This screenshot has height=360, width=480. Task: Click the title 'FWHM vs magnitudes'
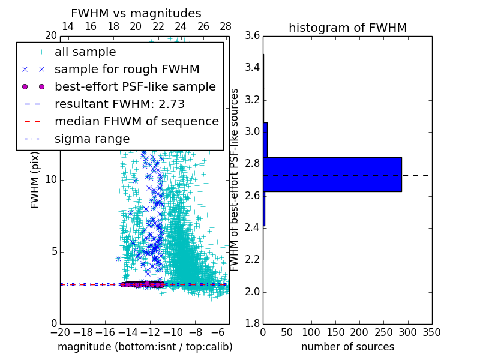[x=136, y=13]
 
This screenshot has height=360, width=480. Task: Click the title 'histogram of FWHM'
[x=347, y=28]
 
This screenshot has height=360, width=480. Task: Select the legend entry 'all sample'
[x=85, y=52]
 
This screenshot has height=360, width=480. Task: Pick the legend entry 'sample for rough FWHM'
[x=127, y=69]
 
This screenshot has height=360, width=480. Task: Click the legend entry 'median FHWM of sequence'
[x=136, y=121]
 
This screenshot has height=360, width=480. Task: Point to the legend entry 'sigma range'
[x=92, y=139]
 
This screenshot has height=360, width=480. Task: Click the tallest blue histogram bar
[x=332, y=175]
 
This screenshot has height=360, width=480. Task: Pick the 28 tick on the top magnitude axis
[x=226, y=26]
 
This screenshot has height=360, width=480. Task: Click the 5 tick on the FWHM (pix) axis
[x=52, y=251]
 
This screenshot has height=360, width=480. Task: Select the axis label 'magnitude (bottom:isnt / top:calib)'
[x=145, y=347]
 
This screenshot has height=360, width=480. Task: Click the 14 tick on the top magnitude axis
[x=68, y=26]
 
